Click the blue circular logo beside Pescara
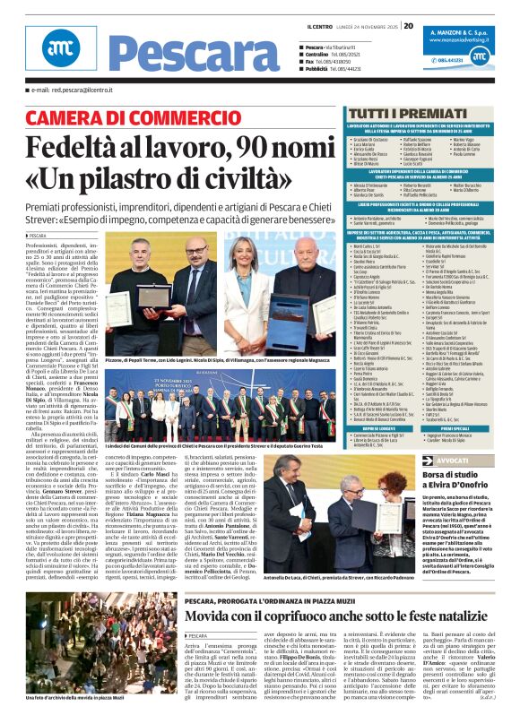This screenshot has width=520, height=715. (x=60, y=53)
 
